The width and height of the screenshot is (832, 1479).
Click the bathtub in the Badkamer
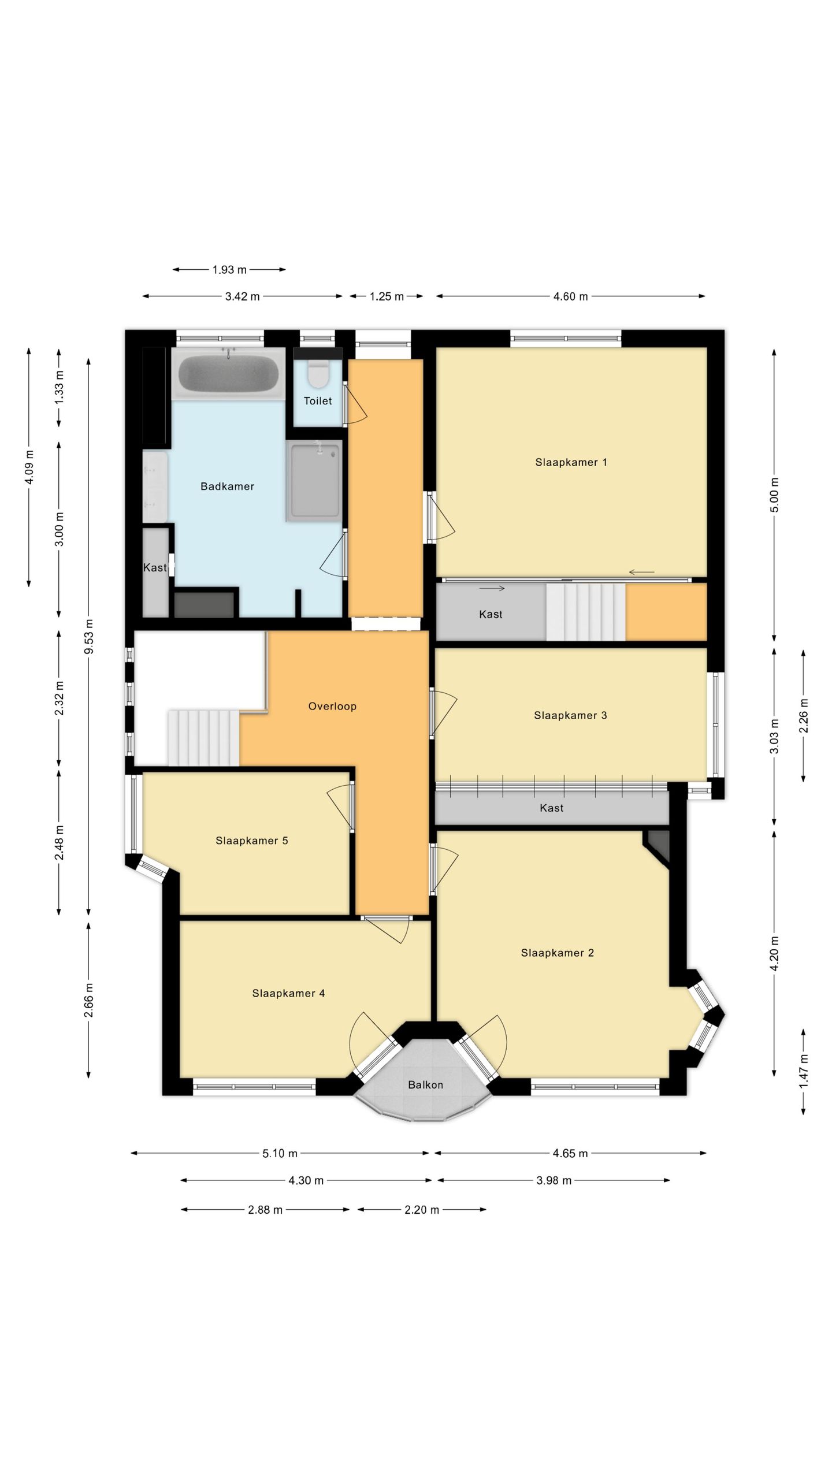(x=229, y=373)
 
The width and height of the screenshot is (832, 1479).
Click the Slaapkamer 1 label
(x=571, y=462)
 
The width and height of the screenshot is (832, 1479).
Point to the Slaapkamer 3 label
(x=570, y=715)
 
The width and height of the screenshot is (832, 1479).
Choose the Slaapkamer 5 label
(x=252, y=841)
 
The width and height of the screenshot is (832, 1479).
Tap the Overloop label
(x=332, y=706)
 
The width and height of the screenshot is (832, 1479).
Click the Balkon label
(x=425, y=1085)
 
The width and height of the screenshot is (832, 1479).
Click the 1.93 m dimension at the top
(x=229, y=269)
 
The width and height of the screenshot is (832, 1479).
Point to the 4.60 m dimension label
(x=570, y=296)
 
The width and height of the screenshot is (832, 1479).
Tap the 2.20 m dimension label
(x=422, y=1210)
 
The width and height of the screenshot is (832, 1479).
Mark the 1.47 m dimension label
(x=803, y=1070)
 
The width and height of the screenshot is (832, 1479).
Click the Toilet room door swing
(x=356, y=403)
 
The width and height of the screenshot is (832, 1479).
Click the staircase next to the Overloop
(x=203, y=738)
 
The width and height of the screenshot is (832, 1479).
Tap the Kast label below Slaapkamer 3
(x=551, y=808)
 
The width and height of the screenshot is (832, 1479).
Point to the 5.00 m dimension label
(x=775, y=495)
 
